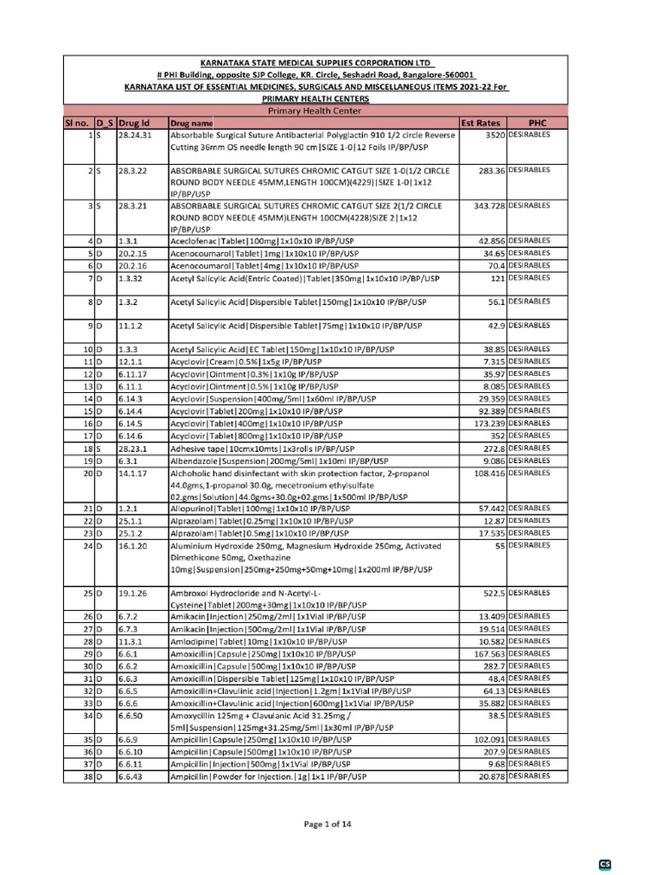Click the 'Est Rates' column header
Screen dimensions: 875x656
coord(480,123)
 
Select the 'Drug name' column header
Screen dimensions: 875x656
coord(191,123)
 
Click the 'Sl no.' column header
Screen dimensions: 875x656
coord(77,123)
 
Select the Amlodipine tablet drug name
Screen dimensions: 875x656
coord(259,641)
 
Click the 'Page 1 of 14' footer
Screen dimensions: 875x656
coord(328,824)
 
